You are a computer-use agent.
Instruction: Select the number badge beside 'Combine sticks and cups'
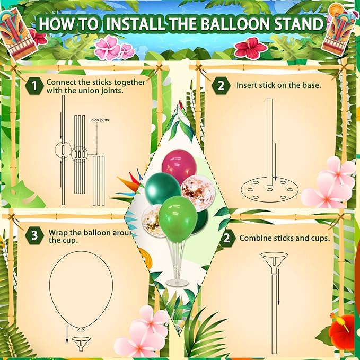(x=227, y=238)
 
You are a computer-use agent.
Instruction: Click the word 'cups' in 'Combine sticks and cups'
(x=319, y=238)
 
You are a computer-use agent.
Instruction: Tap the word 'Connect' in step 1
(x=60, y=82)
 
